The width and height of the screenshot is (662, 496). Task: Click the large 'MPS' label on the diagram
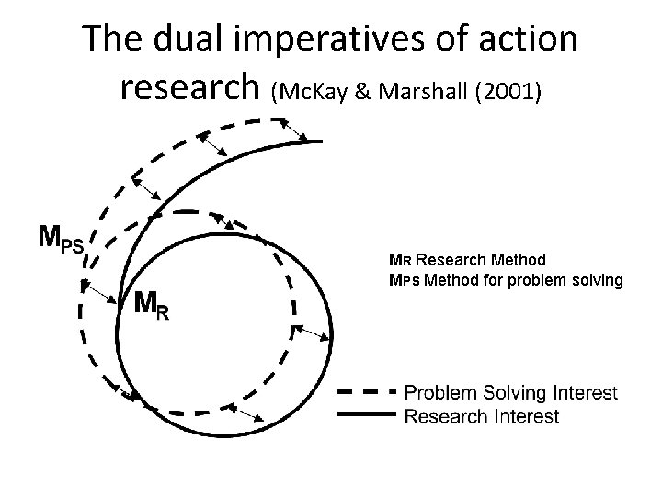pyautogui.click(x=60, y=240)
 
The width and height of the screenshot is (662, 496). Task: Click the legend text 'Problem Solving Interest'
pyautogui.click(x=511, y=393)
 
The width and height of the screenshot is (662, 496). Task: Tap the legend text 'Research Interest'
pyautogui.click(x=482, y=416)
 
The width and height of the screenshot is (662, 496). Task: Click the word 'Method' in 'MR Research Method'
pyautogui.click(x=519, y=260)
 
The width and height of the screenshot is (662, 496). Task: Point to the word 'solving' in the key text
pyautogui.click(x=599, y=278)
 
